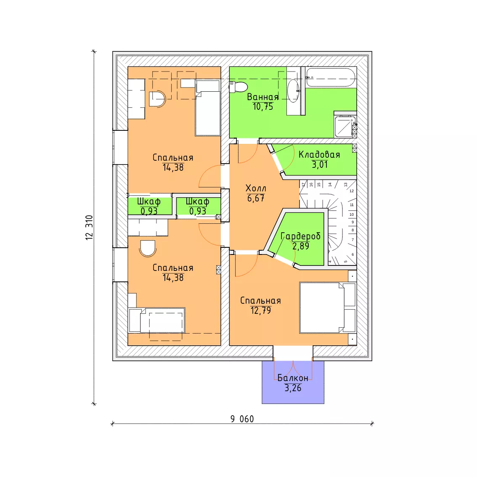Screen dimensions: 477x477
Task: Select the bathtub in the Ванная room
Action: point(331,77)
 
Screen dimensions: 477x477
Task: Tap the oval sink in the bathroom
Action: point(294,90)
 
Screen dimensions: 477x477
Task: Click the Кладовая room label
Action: point(319,154)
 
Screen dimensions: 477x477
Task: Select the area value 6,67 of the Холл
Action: point(256,199)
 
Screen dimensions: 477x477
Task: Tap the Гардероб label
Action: point(301,236)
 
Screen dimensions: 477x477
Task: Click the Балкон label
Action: point(293,378)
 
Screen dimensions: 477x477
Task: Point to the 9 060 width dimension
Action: point(242,419)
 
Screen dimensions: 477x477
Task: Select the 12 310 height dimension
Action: point(89,228)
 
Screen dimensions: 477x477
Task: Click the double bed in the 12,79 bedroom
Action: point(327,307)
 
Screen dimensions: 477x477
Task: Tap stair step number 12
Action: point(352,191)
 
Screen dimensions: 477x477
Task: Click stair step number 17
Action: point(303,185)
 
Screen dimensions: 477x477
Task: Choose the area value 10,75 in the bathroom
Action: point(263,106)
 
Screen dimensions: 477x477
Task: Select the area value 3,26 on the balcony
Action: point(293,388)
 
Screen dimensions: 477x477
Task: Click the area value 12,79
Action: point(261,310)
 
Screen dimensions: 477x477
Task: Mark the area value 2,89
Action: point(301,246)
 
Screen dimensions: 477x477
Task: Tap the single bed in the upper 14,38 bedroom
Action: point(207,108)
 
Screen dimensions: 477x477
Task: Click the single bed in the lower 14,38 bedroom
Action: point(157,321)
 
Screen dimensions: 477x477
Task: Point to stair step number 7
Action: point(353,240)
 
